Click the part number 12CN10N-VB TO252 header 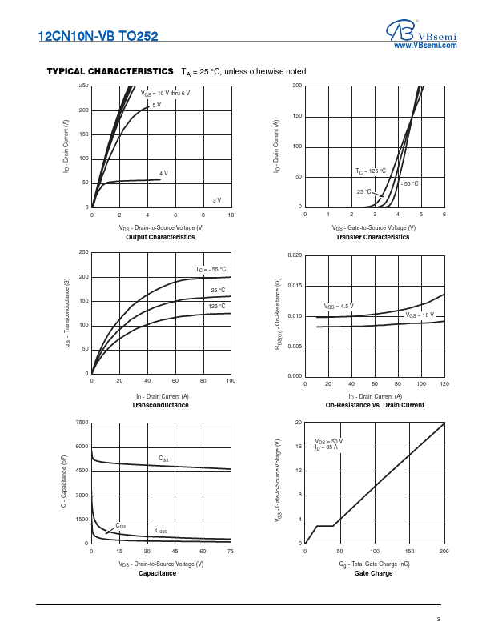(x=98, y=37)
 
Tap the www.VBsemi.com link (x=424, y=46)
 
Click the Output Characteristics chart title (x=160, y=237)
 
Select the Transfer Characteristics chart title (x=374, y=237)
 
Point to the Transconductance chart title (x=160, y=406)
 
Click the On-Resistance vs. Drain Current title (x=375, y=406)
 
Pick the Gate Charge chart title (x=374, y=573)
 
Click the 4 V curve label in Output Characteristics (x=163, y=173)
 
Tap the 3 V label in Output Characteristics (x=216, y=199)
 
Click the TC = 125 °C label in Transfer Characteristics (x=371, y=171)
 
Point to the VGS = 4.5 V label (x=339, y=307)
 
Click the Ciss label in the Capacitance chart (x=163, y=459)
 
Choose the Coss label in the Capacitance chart (x=161, y=531)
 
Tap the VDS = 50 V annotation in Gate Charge (x=329, y=441)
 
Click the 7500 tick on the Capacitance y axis (x=82, y=422)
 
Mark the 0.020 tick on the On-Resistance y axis (x=295, y=255)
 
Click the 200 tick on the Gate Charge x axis (x=444, y=552)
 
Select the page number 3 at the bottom (x=439, y=619)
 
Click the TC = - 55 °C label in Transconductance (x=211, y=269)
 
